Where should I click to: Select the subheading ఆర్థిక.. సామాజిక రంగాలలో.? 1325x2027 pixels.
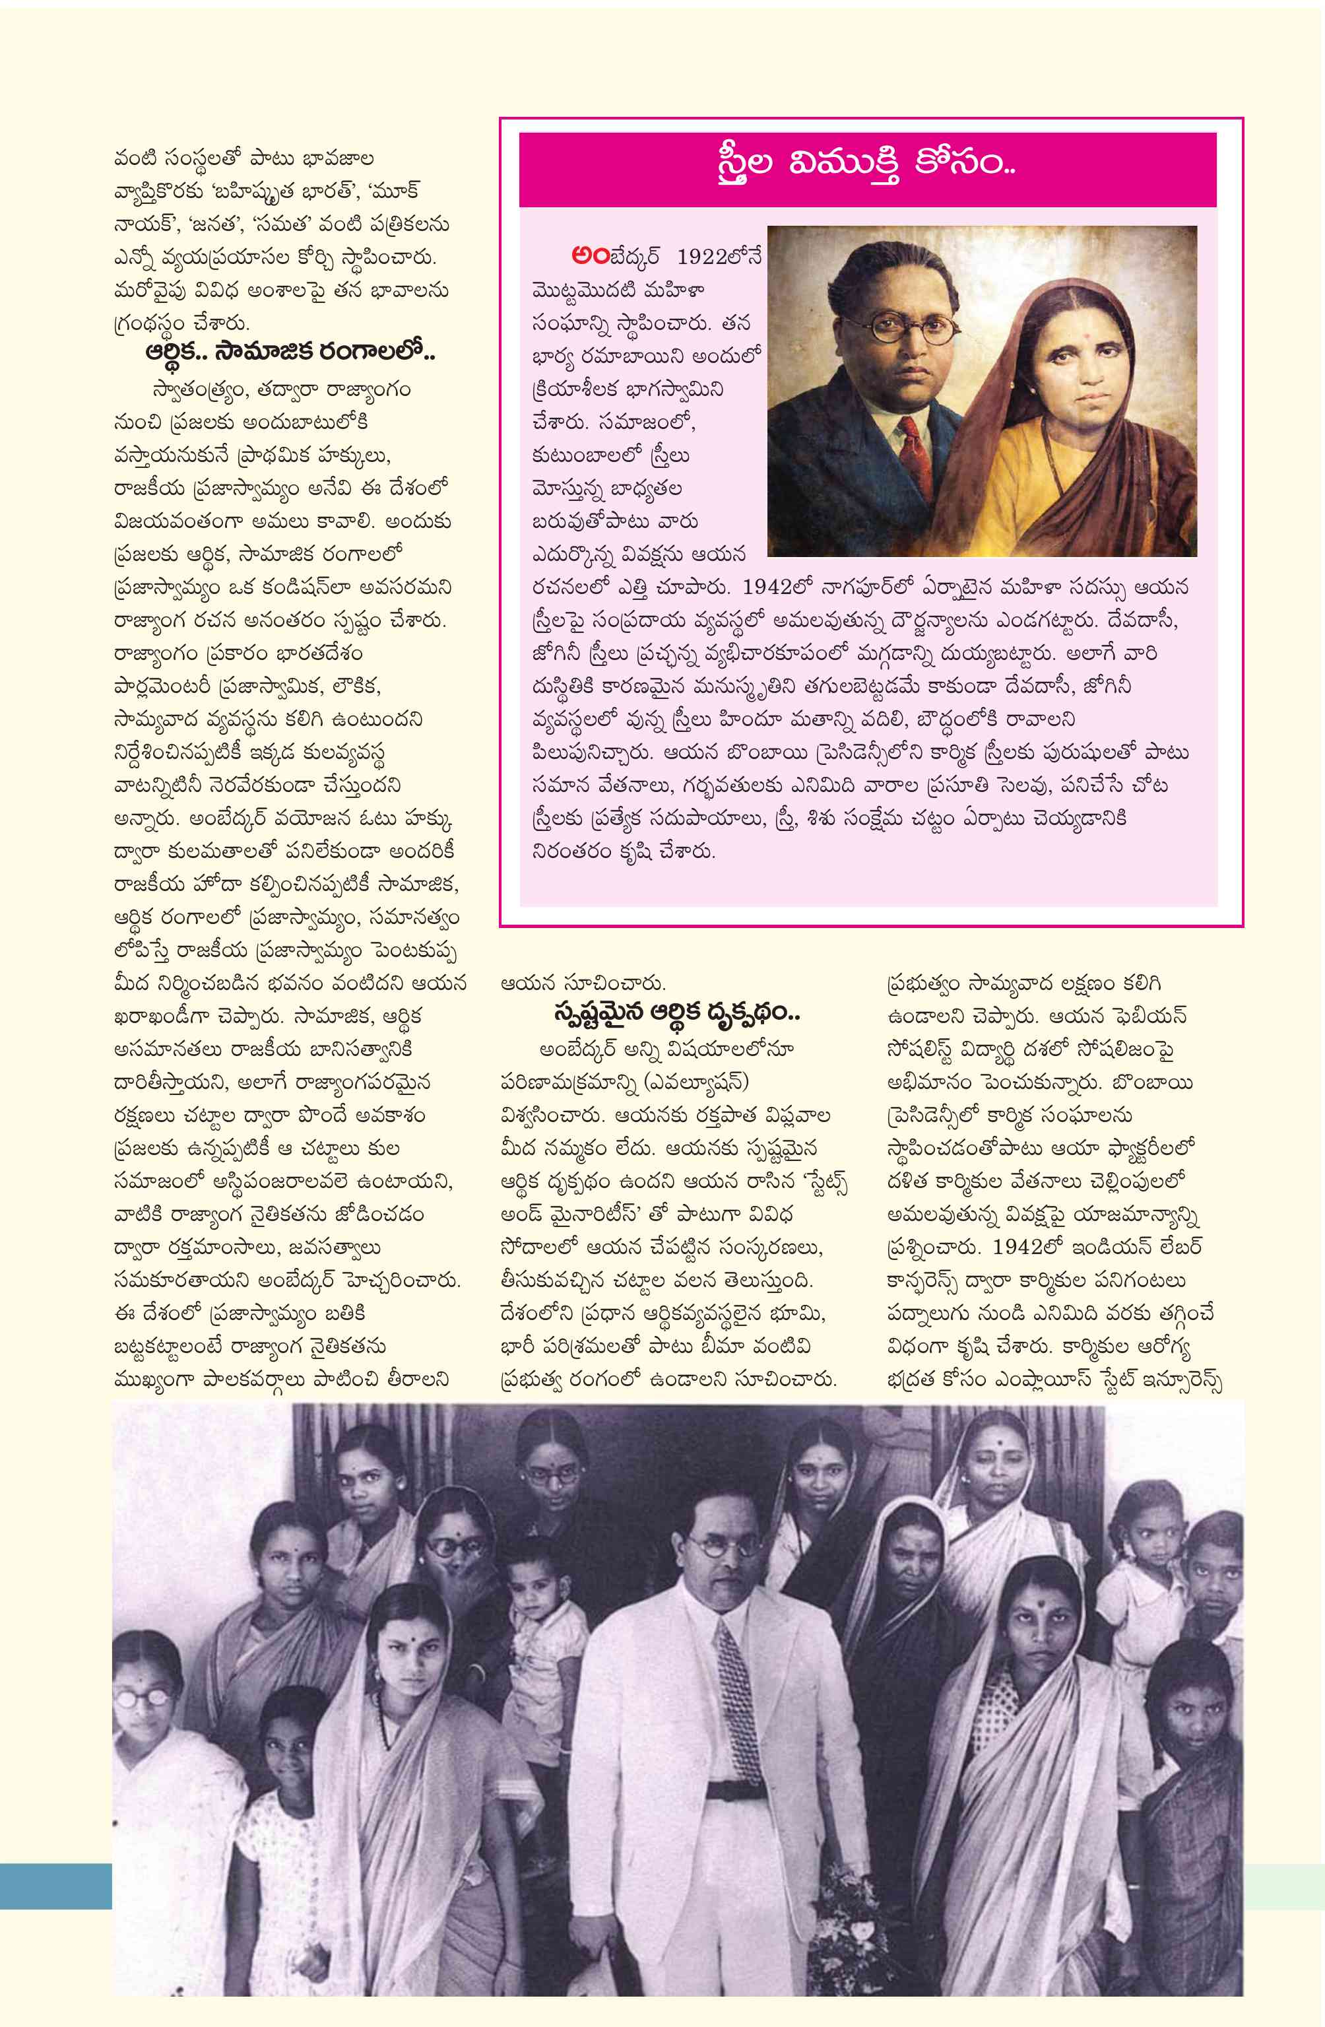290,352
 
